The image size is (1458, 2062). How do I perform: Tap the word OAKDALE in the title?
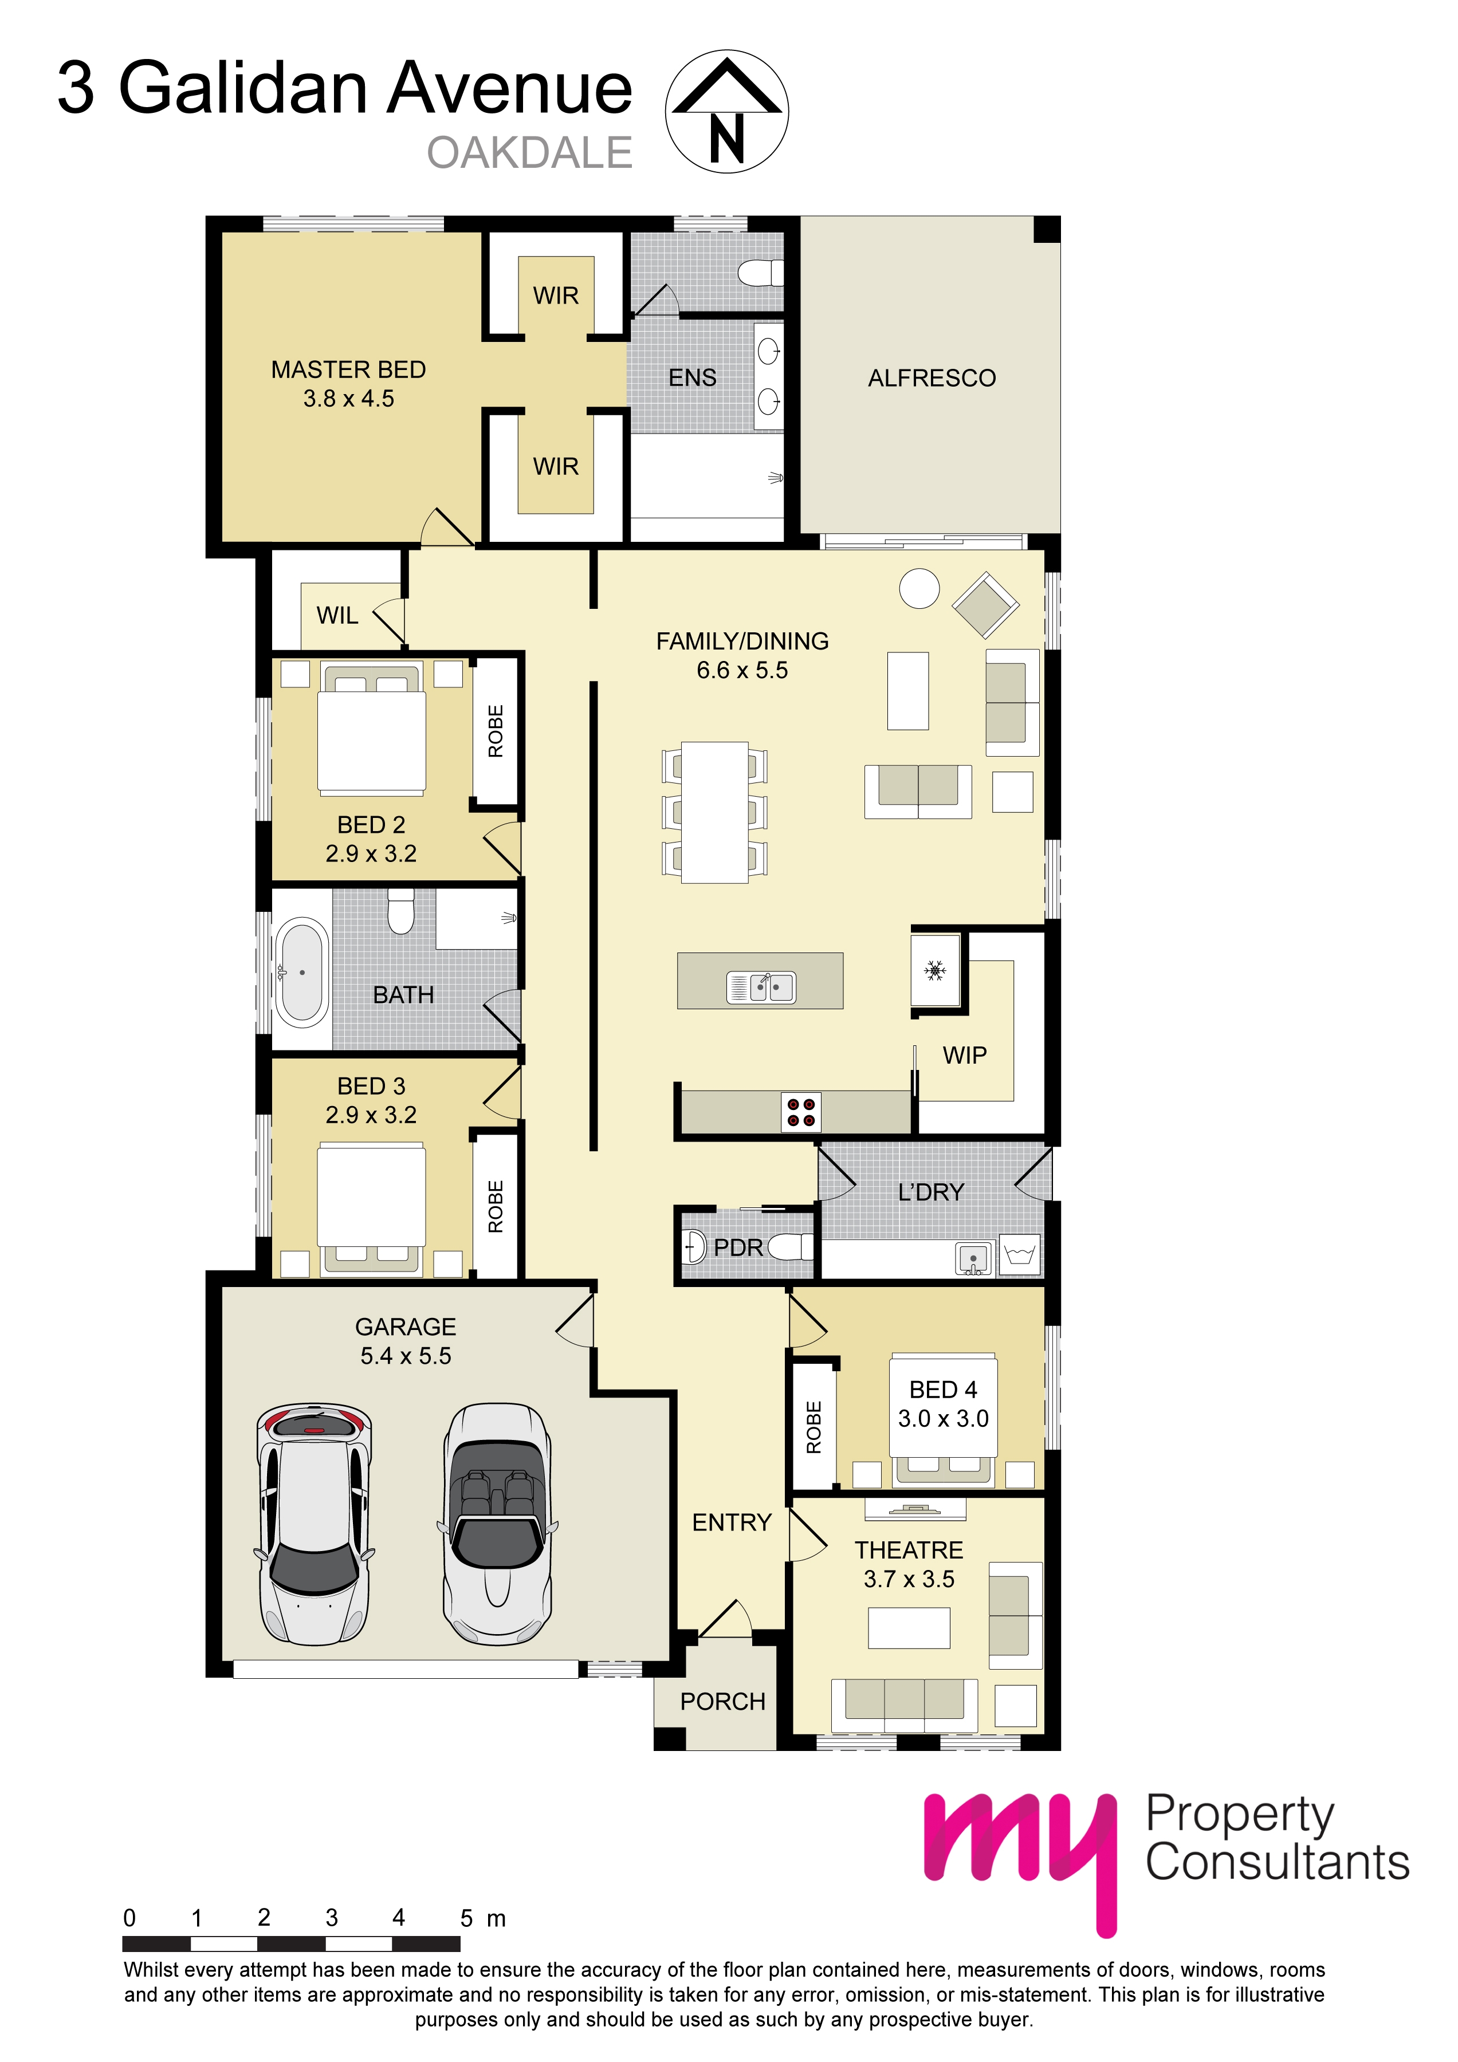pyautogui.click(x=529, y=153)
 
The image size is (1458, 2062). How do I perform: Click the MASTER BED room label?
pyautogui.click(x=348, y=370)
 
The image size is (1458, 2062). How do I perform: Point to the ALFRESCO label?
pyautogui.click(x=931, y=378)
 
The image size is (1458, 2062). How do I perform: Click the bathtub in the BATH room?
pyautogui.click(x=302, y=972)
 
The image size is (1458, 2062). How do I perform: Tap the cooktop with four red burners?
pyautogui.click(x=800, y=1112)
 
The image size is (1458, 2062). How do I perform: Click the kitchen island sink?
pyautogui.click(x=761, y=987)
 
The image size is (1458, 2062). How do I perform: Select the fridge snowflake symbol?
pyautogui.click(x=934, y=970)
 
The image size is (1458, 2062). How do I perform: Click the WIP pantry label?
pyautogui.click(x=964, y=1055)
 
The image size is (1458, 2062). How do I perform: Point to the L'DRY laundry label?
pyautogui.click(x=931, y=1192)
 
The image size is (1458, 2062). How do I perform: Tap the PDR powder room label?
pyautogui.click(x=737, y=1248)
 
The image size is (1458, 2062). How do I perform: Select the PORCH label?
pyautogui.click(x=722, y=1701)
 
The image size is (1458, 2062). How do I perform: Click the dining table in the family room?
pyautogui.click(x=714, y=812)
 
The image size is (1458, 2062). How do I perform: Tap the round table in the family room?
pyautogui.click(x=919, y=589)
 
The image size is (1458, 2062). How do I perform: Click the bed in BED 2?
pyautogui.click(x=371, y=729)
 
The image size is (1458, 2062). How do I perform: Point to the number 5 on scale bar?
pyautogui.click(x=466, y=1918)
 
